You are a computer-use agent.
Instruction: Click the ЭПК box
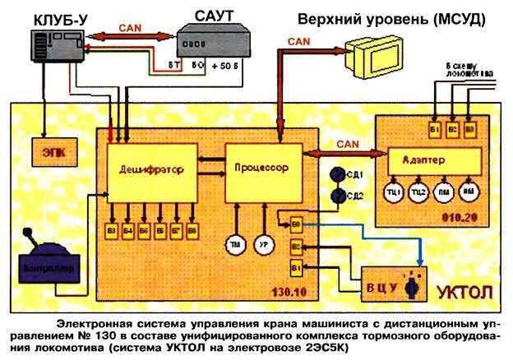tap(51, 152)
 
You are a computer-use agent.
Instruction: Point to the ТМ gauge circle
tap(237, 245)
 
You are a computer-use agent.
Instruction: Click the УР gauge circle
tap(265, 245)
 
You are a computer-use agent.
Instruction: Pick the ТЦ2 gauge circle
tap(418, 192)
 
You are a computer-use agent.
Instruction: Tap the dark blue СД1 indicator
tap(335, 174)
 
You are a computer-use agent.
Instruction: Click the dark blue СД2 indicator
tap(335, 196)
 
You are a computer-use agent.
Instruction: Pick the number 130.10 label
tap(313, 293)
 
